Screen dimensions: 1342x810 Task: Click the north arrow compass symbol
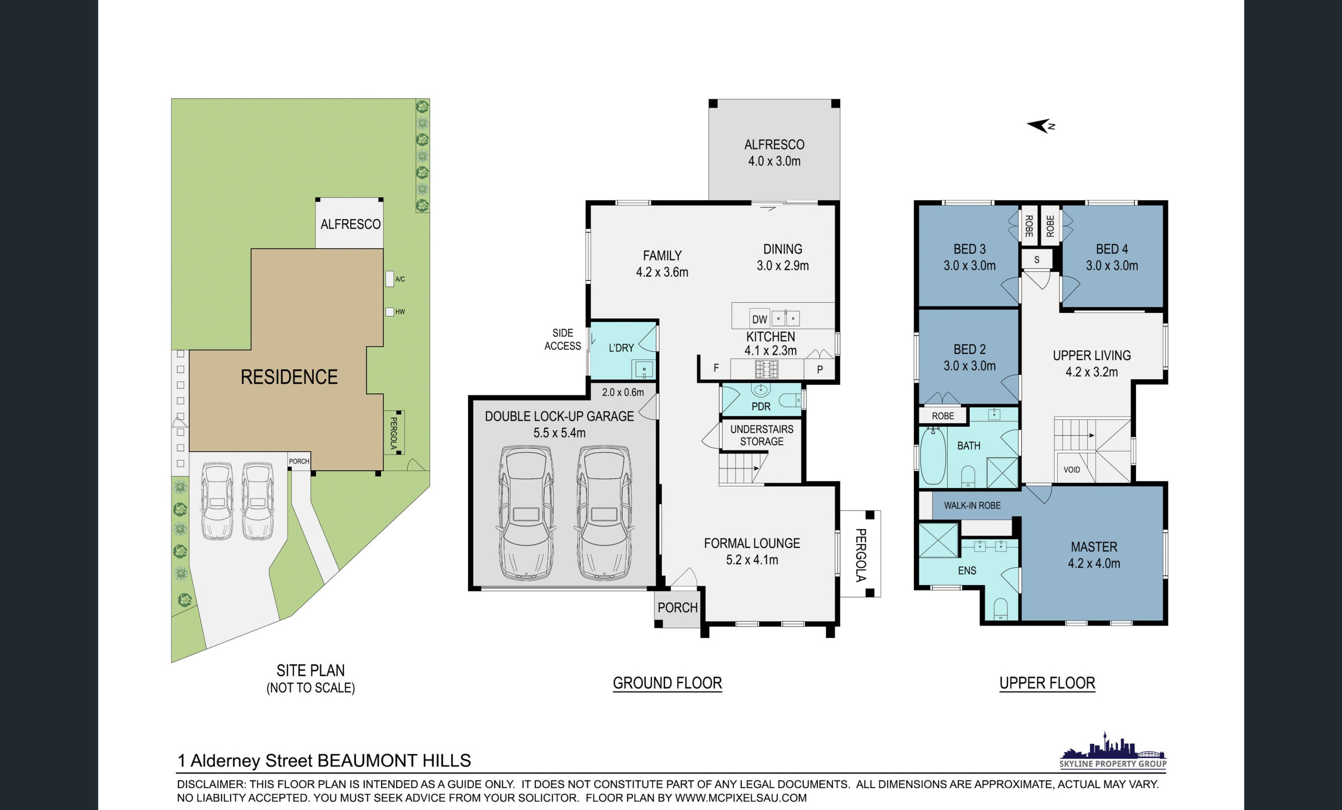pos(1041,126)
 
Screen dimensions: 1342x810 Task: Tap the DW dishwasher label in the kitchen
pos(759,320)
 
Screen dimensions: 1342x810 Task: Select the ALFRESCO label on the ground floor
pos(774,145)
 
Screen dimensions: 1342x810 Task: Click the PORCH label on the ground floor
pos(677,607)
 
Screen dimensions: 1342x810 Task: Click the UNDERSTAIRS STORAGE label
pos(761,435)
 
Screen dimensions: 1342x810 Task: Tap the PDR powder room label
pos(761,407)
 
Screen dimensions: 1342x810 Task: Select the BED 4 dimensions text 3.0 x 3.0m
pos(1112,266)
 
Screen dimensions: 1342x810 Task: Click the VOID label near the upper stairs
pos(1072,470)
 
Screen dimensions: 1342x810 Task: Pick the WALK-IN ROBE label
pos(972,505)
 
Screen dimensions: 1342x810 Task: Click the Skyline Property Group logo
pos(1113,750)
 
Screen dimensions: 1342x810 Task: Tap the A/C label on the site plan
pos(400,279)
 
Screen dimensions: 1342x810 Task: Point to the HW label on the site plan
pos(401,312)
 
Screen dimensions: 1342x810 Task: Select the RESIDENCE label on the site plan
pos(289,377)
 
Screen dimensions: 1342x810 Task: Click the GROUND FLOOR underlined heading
pos(667,683)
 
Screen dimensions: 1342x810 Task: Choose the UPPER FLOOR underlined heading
pos(1047,683)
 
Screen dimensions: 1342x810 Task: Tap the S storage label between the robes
pos(1036,260)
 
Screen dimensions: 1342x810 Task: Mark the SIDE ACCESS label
pos(562,339)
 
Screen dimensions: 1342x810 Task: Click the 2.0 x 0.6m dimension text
pos(623,392)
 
